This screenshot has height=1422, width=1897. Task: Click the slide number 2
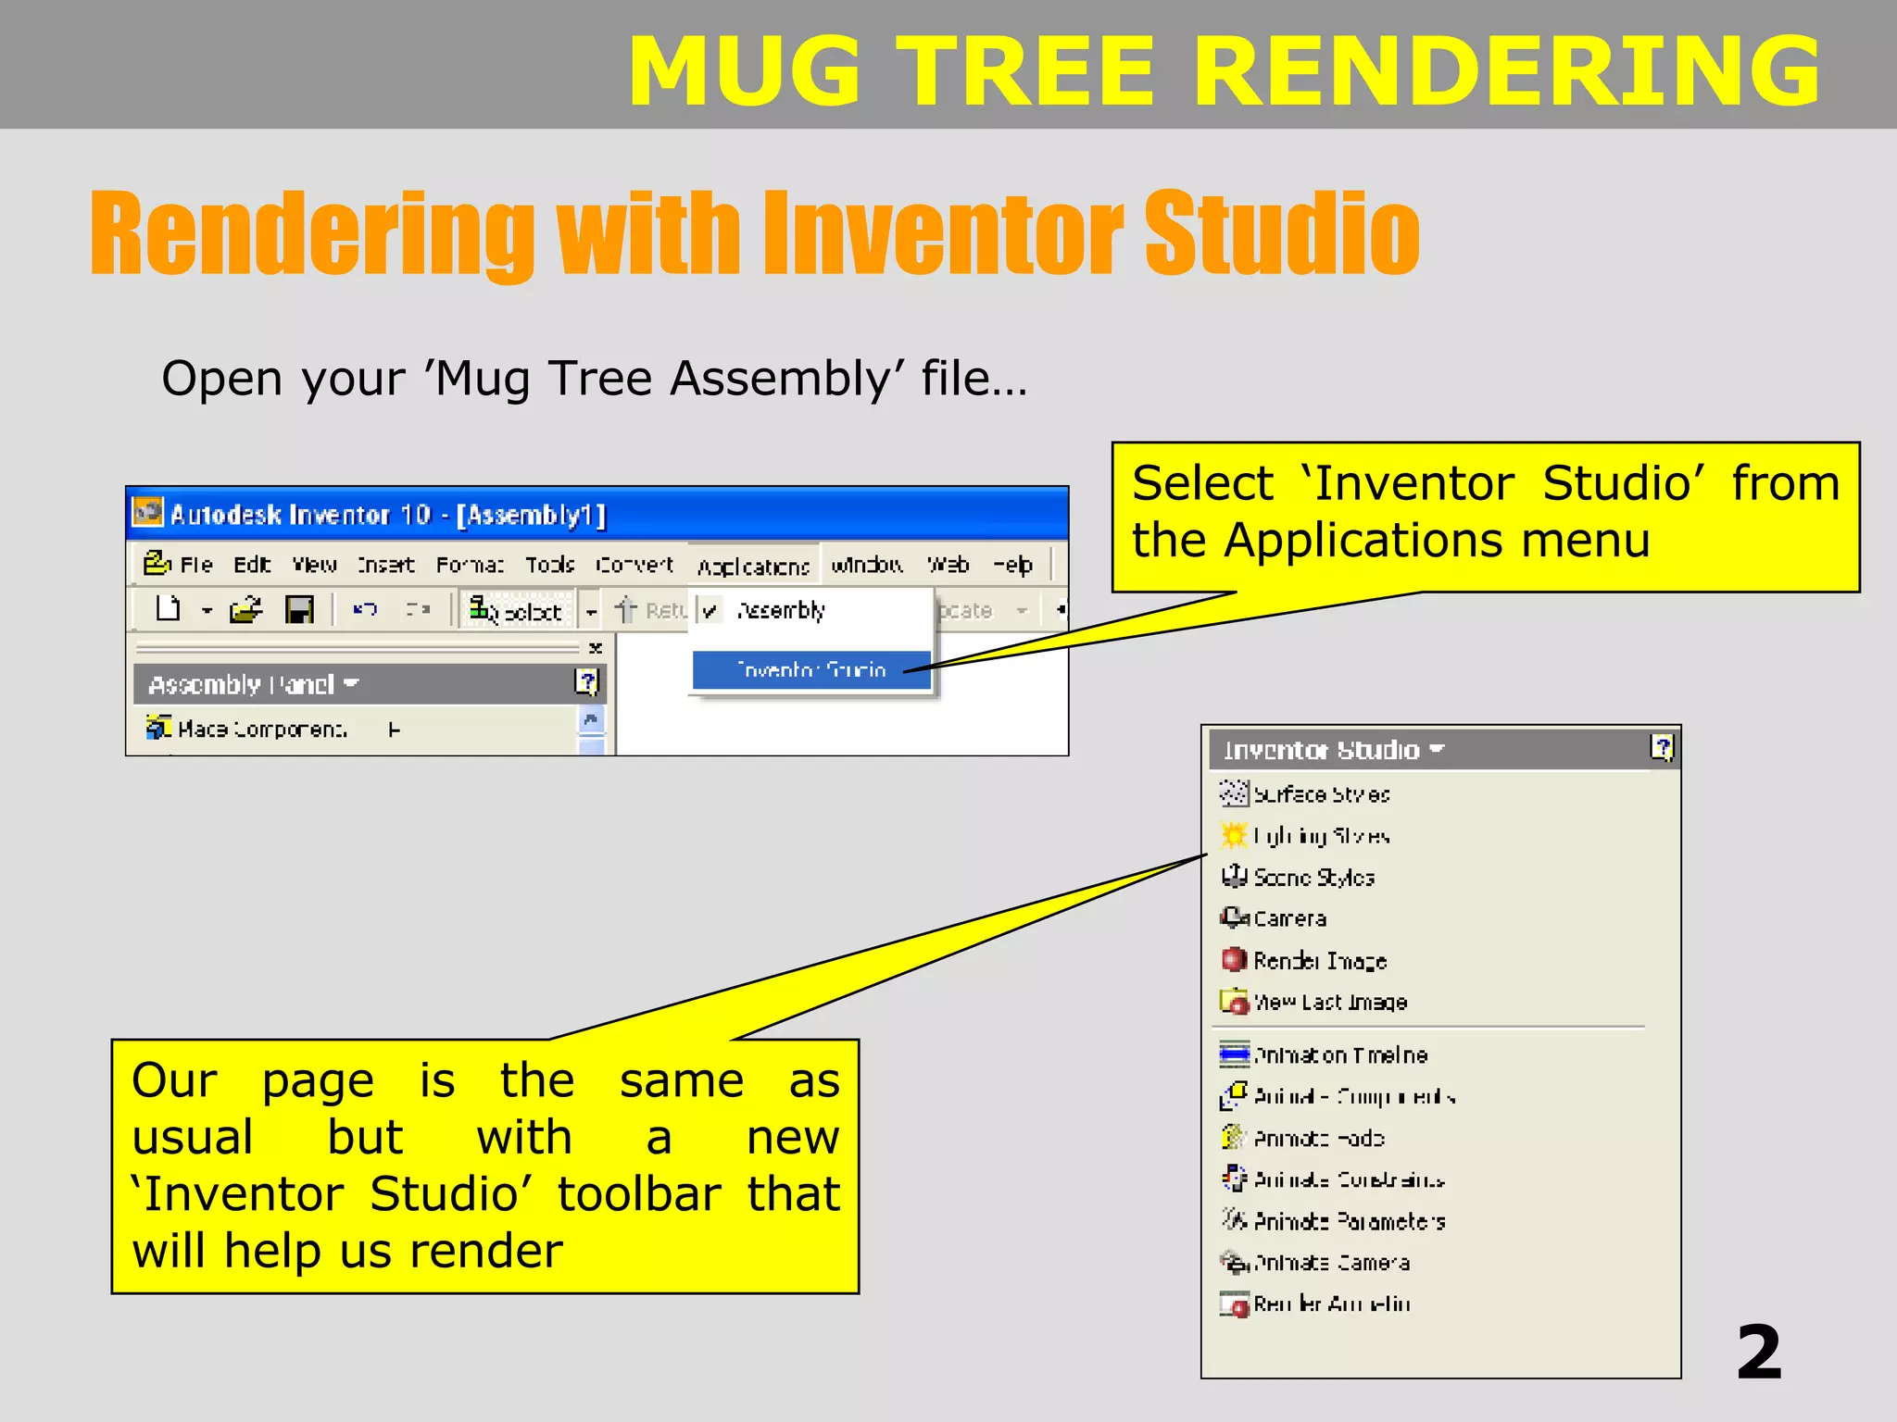tap(1758, 1353)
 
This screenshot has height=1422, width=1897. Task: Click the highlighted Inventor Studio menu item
tap(810, 669)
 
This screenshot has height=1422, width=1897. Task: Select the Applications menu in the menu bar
tap(753, 566)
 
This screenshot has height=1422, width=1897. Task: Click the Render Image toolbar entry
tap(1319, 961)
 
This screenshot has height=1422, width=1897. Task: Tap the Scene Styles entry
tap(1313, 877)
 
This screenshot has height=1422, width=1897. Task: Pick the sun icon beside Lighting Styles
tap(1234, 835)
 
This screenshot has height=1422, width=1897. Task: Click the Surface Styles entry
tap(1320, 794)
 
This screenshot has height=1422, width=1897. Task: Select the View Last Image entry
tap(1329, 1003)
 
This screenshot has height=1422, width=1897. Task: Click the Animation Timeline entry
tap(1339, 1054)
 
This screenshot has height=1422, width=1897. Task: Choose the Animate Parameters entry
tap(1349, 1221)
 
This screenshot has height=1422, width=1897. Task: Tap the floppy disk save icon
tap(299, 610)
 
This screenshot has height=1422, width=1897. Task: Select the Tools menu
tap(549, 565)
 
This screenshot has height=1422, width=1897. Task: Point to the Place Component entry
tap(261, 730)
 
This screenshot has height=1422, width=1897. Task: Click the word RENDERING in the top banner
tap(1506, 71)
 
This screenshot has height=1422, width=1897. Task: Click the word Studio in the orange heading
tap(1281, 233)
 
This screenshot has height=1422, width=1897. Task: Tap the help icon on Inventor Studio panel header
tap(1662, 747)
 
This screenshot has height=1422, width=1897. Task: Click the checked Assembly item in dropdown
tap(780, 611)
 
